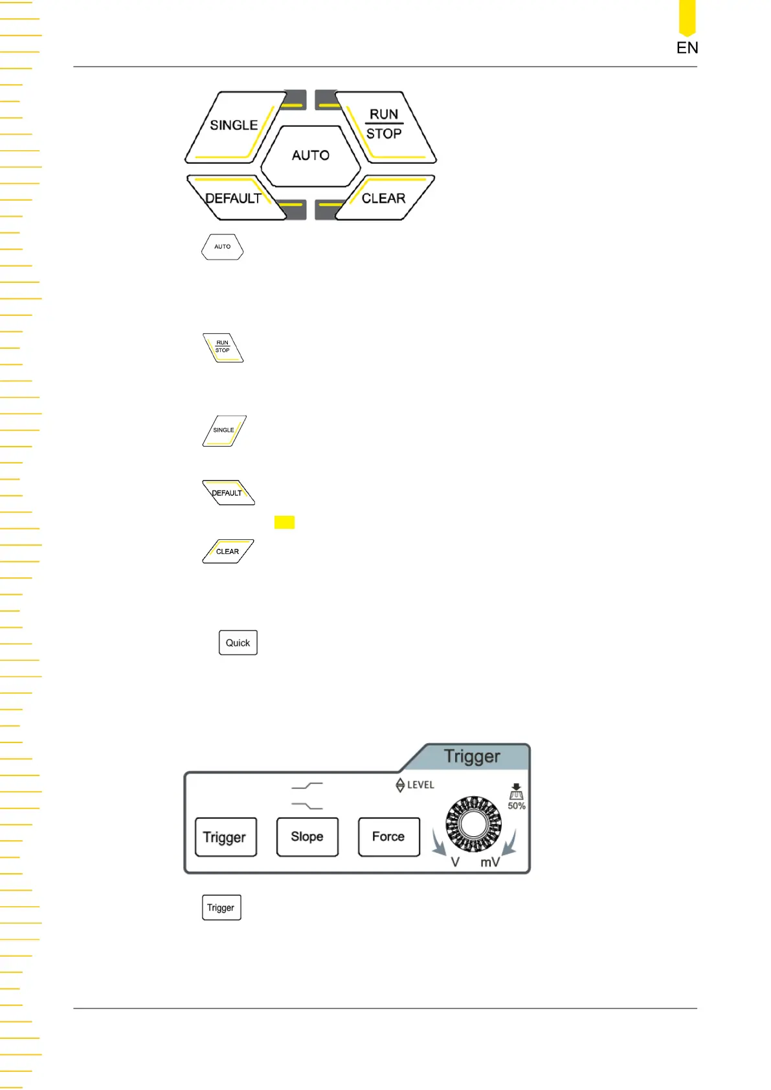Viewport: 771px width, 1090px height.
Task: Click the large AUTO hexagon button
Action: pyautogui.click(x=311, y=155)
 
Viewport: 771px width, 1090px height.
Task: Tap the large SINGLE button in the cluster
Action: pyautogui.click(x=234, y=126)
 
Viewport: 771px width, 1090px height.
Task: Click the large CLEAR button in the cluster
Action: pyautogui.click(x=384, y=199)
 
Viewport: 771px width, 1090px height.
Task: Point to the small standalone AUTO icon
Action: pyautogui.click(x=223, y=247)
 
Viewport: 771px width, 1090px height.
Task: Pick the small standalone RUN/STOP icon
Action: pyautogui.click(x=223, y=348)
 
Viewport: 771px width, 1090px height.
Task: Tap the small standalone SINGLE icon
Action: pyautogui.click(x=224, y=430)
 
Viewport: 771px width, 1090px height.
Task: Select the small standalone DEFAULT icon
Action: pyautogui.click(x=228, y=493)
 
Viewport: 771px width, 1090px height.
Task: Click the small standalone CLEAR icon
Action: pyautogui.click(x=228, y=551)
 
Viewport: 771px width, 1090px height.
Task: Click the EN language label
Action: pyautogui.click(x=687, y=48)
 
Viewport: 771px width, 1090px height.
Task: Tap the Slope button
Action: pyautogui.click(x=307, y=837)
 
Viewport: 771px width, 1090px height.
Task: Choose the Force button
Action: pyautogui.click(x=389, y=837)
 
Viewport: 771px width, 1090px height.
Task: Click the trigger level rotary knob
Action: pyautogui.click(x=474, y=824)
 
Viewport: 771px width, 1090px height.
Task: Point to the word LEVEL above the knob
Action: pyautogui.click(x=420, y=785)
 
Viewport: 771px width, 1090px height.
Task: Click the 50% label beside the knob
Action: pyautogui.click(x=517, y=806)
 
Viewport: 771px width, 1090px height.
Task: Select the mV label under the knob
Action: pyautogui.click(x=490, y=862)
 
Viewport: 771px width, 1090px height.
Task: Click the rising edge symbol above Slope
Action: pyautogui.click(x=307, y=786)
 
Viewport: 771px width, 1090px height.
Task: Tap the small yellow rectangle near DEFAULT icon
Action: pyautogui.click(x=284, y=522)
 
